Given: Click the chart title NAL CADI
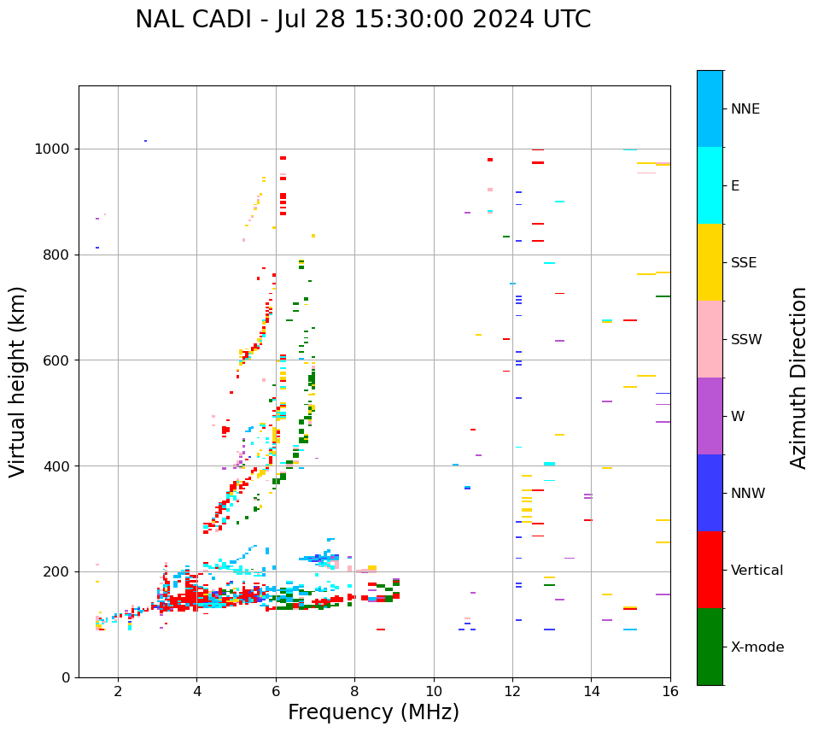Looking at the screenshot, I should [x=362, y=20].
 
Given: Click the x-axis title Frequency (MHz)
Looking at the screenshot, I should [x=373, y=712].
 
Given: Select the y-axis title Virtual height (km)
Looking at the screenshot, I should [x=18, y=381].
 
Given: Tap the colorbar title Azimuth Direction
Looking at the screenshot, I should [x=798, y=378].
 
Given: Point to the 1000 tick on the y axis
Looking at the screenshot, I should [x=56, y=149].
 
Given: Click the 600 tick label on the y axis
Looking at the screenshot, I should [x=60, y=360].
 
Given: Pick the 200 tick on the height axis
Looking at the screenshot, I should [x=60, y=571].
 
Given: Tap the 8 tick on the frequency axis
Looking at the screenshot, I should [x=354, y=691].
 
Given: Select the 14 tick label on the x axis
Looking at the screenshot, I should [x=591, y=691].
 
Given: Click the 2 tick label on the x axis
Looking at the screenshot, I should [x=118, y=691].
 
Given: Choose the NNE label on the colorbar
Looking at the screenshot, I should [x=745, y=109].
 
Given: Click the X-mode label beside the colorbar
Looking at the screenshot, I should [x=757, y=647].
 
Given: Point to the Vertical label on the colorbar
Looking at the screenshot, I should [x=757, y=571].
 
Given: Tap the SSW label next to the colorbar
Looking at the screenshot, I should [x=746, y=340].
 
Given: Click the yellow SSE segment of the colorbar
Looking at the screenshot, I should [x=710, y=262].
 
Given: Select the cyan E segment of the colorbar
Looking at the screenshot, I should [x=710, y=185].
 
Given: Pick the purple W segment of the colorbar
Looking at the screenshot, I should [x=710, y=416].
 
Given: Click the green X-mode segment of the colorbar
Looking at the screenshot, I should [x=710, y=647].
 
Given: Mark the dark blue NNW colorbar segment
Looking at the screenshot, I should [x=710, y=493].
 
